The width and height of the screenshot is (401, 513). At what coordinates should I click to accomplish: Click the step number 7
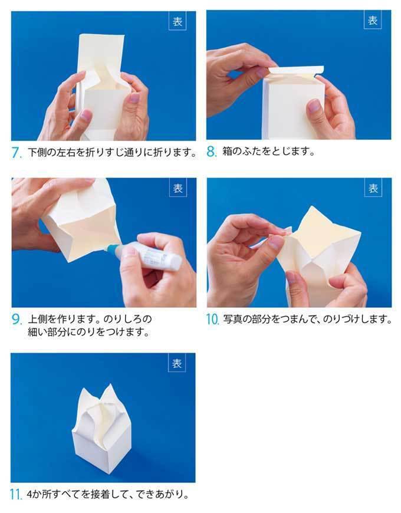[x=17, y=153]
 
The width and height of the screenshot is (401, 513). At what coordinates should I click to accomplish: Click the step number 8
[x=211, y=152]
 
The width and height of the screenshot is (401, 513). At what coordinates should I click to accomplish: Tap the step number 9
[x=17, y=320]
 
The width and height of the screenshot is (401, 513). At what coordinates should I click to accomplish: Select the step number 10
[x=212, y=320]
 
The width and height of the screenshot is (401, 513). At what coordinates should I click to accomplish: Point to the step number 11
[x=16, y=494]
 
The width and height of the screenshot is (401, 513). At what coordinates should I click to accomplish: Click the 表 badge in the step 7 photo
[x=178, y=22]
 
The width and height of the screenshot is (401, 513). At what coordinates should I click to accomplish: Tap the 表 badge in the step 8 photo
[x=373, y=20]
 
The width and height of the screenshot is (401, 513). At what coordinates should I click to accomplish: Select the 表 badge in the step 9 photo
[x=178, y=188]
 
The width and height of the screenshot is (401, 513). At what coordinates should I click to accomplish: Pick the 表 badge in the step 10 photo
[x=373, y=188]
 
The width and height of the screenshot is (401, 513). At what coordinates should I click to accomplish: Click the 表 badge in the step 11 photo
[x=177, y=363]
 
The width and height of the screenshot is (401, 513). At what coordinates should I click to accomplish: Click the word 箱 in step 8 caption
[x=227, y=152]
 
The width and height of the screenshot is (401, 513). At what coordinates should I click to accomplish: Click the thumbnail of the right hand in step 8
[x=314, y=106]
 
